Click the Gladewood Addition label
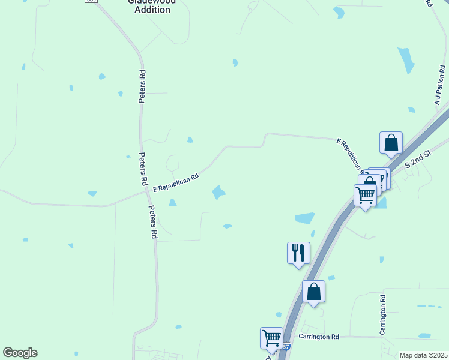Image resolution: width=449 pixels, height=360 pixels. pos(152,6)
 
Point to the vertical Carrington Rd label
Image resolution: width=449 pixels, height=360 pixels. pos(382,315)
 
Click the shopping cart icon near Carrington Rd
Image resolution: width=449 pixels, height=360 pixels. pos(271,337)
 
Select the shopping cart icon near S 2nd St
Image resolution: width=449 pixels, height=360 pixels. pos(365,194)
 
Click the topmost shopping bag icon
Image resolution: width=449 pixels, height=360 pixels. pos(391,143)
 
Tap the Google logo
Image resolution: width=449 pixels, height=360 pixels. pos(20,353)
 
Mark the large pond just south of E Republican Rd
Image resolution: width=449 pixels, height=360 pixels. pos(218,192)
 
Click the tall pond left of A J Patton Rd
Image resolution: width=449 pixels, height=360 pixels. pos(406,59)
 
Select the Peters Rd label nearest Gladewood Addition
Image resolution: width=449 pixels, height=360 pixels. pos(142,87)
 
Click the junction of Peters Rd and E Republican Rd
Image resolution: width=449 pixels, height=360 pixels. pos(144,193)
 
